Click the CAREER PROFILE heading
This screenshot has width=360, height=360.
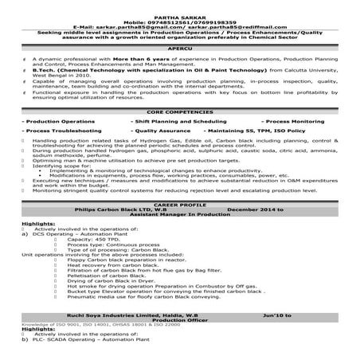179,204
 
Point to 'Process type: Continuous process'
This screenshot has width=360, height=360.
108,244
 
